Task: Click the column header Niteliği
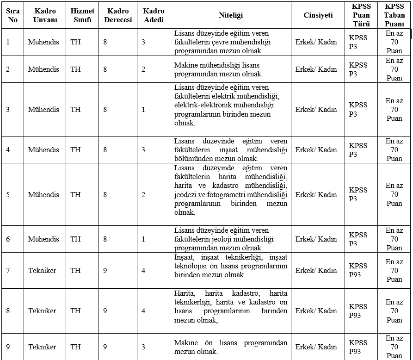click(x=230, y=15)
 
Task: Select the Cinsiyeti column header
click(x=318, y=15)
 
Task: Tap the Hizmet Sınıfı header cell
click(x=82, y=15)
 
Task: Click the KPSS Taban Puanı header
click(x=394, y=15)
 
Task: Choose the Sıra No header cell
click(x=12, y=15)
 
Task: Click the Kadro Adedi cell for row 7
click(x=143, y=271)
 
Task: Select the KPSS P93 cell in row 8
click(x=358, y=311)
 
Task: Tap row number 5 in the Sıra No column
click(x=8, y=195)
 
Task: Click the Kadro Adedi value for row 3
click(x=143, y=110)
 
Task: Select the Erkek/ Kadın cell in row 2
click(x=316, y=69)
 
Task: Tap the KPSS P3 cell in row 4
click(x=358, y=150)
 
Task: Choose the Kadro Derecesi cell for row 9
click(x=105, y=347)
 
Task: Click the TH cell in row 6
click(x=75, y=239)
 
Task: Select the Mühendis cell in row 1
click(x=43, y=42)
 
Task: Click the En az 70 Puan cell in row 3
click(x=394, y=110)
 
